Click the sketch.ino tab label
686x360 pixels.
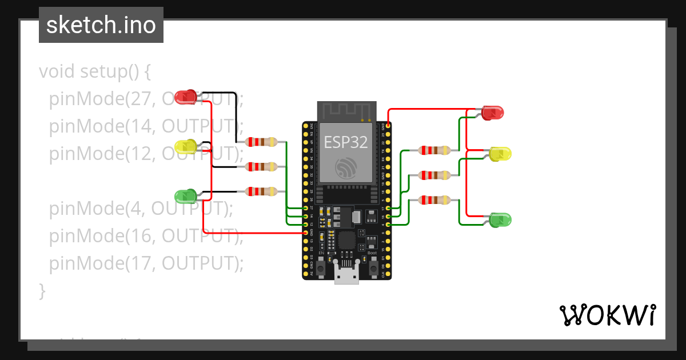(101, 25)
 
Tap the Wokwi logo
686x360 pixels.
(607, 315)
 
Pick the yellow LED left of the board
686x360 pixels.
(186, 146)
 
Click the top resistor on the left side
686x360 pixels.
(261, 142)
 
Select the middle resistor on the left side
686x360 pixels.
(261, 167)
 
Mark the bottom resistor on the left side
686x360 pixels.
(261, 191)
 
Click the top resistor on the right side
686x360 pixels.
(435, 150)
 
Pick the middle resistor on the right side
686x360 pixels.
(435, 175)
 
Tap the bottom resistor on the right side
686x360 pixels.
(435, 200)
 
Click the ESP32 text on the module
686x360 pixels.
(346, 142)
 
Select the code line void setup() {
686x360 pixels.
(95, 72)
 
